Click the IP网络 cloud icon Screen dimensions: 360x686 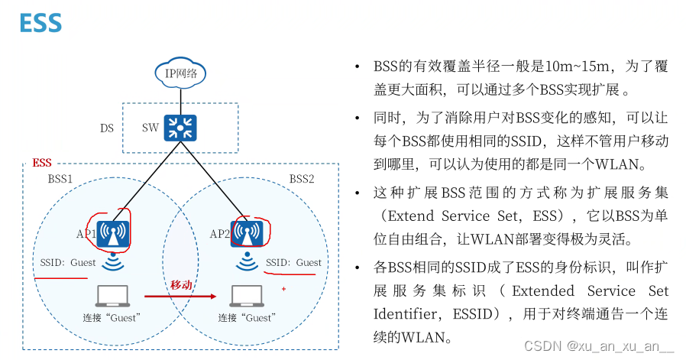181,75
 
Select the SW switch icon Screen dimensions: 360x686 181,127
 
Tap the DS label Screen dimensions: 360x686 107,128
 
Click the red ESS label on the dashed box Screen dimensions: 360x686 42,164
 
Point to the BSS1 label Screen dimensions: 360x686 60,178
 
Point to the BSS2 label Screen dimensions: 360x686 301,178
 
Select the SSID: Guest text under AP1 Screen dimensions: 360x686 69,263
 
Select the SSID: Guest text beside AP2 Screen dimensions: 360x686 293,263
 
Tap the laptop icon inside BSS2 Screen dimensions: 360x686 246,295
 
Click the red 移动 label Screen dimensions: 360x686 180,284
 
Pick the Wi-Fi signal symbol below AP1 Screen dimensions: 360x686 112,263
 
